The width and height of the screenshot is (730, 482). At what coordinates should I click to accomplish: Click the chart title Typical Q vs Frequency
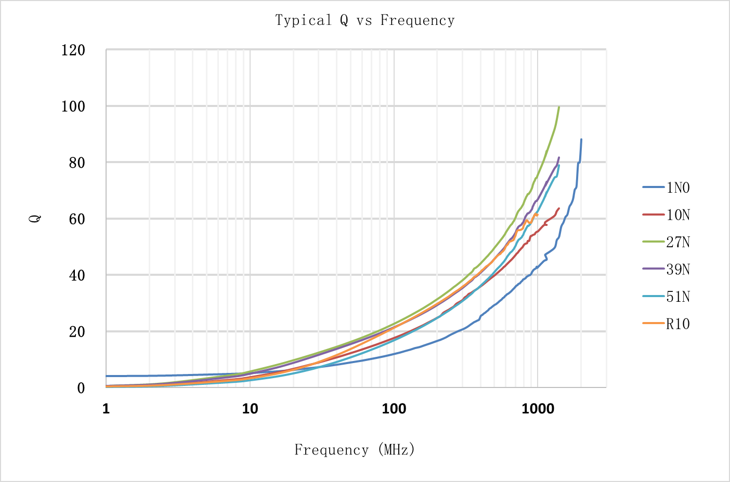click(364, 20)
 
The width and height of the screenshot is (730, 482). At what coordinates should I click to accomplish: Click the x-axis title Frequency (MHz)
click(355, 449)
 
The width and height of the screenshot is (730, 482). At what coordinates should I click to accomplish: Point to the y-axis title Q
click(34, 219)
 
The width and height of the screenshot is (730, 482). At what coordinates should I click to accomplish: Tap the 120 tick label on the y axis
click(73, 50)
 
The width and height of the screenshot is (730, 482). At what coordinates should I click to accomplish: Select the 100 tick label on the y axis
click(73, 106)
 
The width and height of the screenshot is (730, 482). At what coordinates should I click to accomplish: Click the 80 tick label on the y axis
click(76, 163)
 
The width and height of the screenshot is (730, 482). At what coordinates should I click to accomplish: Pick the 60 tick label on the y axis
click(76, 219)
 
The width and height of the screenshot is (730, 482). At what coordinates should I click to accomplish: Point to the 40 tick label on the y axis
click(76, 275)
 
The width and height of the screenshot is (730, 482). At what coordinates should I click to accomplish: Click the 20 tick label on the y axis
click(76, 332)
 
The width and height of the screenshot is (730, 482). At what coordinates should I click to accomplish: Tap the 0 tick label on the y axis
click(81, 388)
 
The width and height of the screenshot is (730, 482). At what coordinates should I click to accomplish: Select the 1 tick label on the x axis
click(106, 409)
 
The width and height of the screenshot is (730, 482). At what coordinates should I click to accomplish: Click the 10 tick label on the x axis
click(250, 409)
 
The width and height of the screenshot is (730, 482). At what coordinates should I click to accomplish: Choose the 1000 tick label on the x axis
click(538, 409)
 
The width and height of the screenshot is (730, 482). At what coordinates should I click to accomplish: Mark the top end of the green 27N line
click(559, 107)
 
